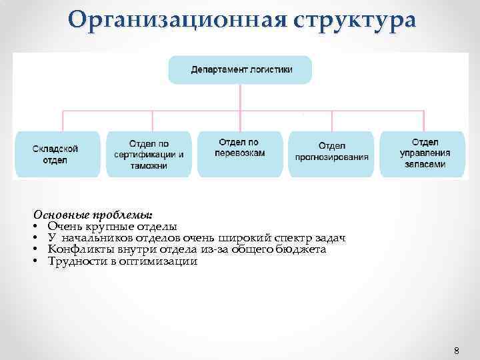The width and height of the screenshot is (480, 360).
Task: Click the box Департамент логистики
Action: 240,69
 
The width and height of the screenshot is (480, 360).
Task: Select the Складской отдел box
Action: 56,154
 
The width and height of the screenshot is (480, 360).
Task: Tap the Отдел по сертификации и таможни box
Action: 149,154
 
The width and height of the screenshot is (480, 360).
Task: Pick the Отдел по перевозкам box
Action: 240,154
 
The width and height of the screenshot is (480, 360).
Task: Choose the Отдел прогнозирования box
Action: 331,154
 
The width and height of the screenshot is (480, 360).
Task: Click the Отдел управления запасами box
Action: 424,154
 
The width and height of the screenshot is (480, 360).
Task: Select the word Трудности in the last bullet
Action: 74,261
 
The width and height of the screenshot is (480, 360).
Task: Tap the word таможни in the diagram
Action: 149,165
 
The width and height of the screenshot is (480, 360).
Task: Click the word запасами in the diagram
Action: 424,164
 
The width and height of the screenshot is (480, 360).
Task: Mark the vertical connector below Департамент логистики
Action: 240,97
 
